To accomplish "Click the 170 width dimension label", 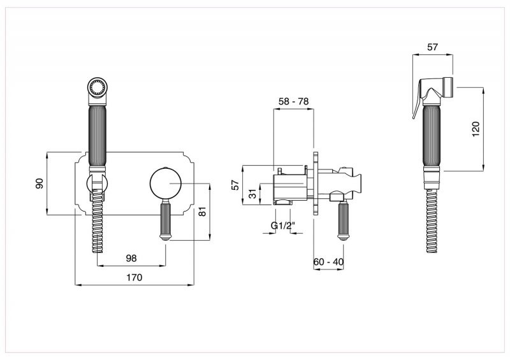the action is click(x=135, y=277).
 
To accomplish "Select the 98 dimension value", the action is click(x=131, y=258).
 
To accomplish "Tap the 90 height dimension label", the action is click(x=39, y=184).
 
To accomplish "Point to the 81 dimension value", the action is click(x=202, y=212).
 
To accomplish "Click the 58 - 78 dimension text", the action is click(x=293, y=101).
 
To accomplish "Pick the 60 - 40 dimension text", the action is click(x=328, y=261).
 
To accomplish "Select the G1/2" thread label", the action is click(x=282, y=226).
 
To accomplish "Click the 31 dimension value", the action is click(x=253, y=194).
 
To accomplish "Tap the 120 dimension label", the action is click(x=476, y=129).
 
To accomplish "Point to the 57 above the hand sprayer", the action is click(x=432, y=47).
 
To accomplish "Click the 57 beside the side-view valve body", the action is click(x=235, y=185).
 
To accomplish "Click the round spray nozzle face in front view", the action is click(x=97, y=87).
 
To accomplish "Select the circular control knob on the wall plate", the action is click(x=166, y=184).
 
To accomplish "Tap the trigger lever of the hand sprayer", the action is click(x=418, y=99).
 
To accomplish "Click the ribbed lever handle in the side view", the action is click(x=343, y=221).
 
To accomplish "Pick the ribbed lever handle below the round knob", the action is click(x=166, y=220).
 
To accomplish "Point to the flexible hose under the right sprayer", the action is click(x=432, y=220).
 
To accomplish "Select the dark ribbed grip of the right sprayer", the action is click(x=432, y=135).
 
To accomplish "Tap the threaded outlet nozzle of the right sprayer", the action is click(x=448, y=87).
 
